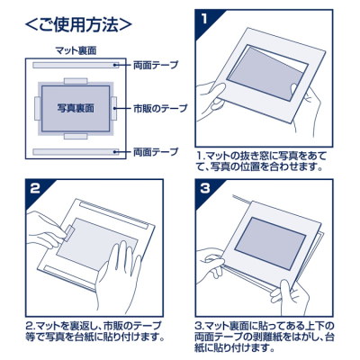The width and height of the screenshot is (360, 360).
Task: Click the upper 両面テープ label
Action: point(155,66)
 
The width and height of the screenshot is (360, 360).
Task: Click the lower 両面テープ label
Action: point(155,152)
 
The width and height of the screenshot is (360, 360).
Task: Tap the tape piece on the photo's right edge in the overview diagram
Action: point(119,108)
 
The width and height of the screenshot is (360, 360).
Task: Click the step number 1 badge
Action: point(205,19)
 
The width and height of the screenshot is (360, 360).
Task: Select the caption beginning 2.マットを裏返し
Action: point(95,330)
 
